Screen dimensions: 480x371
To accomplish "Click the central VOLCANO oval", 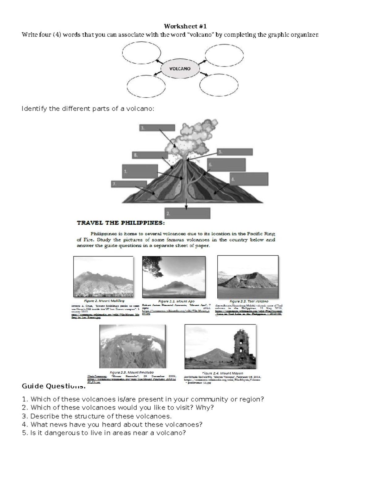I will tap(180, 69).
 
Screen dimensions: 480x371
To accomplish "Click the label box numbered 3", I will tap(157, 128).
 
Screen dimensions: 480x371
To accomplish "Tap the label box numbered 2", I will tap(187, 213).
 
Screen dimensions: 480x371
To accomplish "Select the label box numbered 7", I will tap(129, 184).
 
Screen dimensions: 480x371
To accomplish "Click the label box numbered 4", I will tap(249, 179).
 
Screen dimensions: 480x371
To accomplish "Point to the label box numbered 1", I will tap(139, 171).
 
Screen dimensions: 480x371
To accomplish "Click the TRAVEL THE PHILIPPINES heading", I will tap(121, 223).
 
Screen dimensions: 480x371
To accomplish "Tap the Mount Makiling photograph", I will tap(103, 277).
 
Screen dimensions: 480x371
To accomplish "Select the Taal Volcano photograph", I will tap(248, 277).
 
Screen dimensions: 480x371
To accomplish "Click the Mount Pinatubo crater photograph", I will tap(132, 346).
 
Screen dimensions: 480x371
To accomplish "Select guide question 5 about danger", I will tap(104, 433).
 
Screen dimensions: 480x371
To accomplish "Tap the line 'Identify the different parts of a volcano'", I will tap(87, 108).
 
